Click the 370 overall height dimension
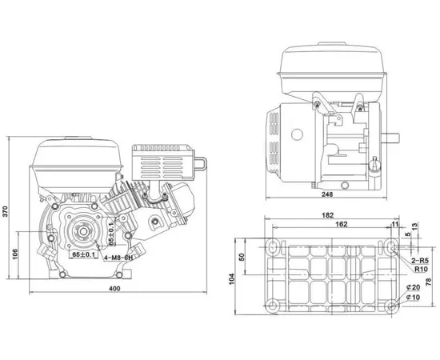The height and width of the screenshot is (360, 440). pos(6,211)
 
